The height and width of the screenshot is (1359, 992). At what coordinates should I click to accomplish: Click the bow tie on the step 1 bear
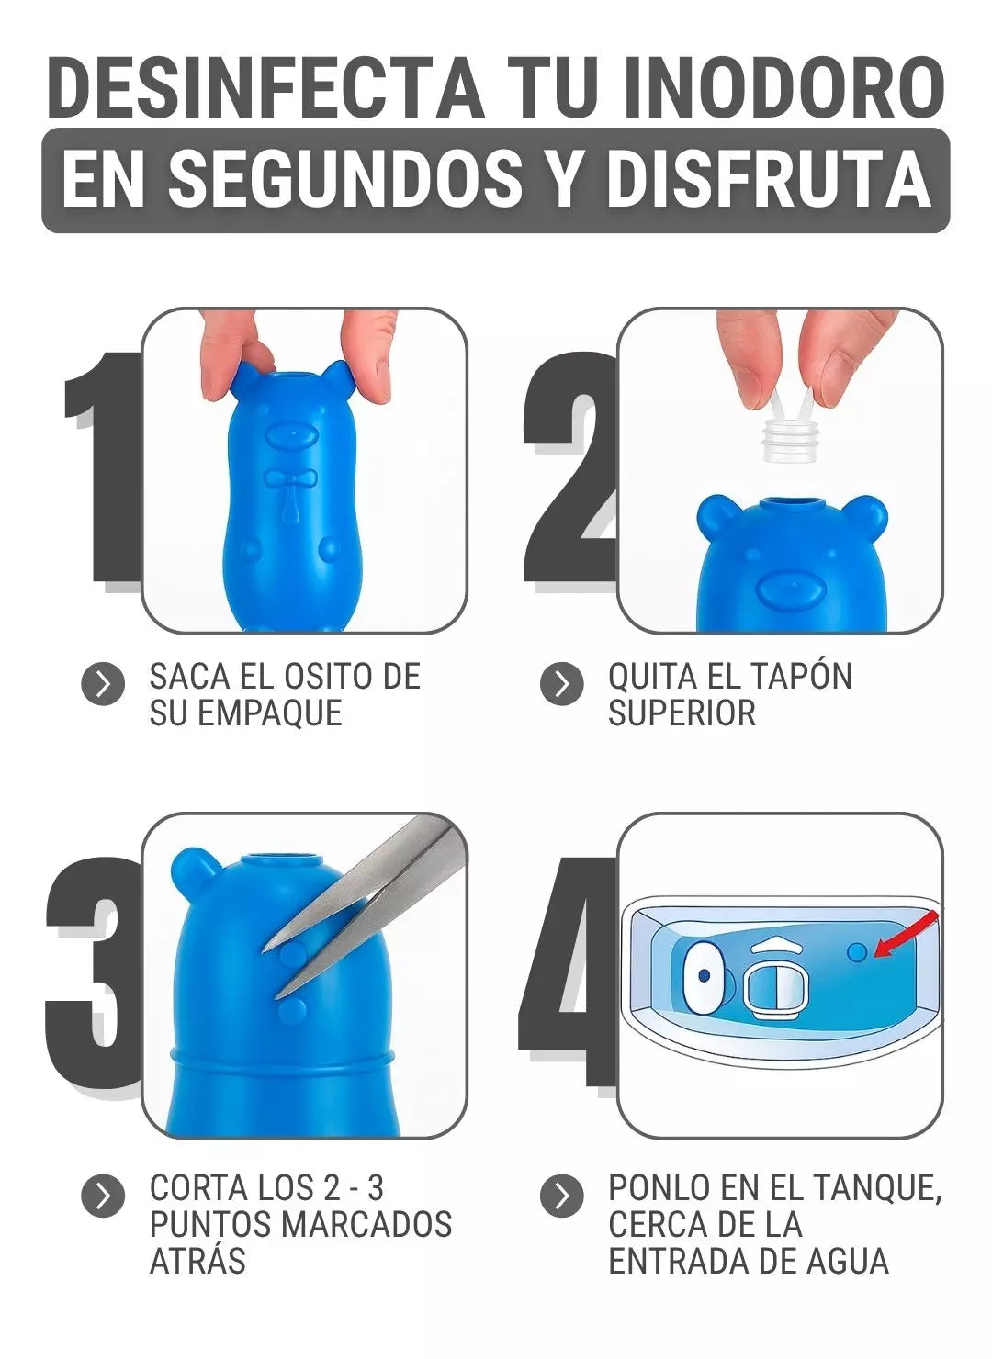click(290, 480)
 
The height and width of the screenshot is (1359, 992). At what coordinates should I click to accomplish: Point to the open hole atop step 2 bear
click(788, 503)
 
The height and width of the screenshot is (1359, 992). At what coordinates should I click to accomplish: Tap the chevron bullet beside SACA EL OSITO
click(103, 684)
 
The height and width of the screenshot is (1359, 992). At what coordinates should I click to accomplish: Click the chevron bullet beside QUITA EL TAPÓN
click(561, 684)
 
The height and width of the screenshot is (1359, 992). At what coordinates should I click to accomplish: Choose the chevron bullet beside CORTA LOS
click(103, 1196)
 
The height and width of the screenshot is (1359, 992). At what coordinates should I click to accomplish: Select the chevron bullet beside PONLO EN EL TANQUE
click(561, 1196)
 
